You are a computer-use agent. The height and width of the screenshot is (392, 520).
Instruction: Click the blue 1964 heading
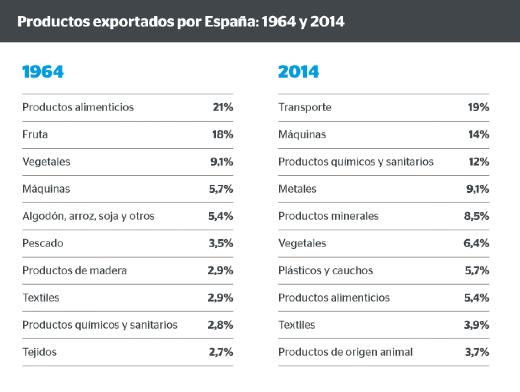43,72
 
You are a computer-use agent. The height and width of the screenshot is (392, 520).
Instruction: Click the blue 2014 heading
298,72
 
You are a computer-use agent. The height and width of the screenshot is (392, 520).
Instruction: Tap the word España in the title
231,22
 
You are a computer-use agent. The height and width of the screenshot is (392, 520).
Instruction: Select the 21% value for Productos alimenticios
223,108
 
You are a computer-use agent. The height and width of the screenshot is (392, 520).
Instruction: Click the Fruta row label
35,135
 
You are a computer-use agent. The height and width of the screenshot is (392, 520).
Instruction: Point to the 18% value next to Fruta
222,135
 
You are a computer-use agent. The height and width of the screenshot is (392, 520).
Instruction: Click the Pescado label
43,243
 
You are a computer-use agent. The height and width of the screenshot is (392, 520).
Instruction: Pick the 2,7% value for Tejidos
221,352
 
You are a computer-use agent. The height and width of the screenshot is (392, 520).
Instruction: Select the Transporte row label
305,108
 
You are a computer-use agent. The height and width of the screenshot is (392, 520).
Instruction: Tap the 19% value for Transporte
478,108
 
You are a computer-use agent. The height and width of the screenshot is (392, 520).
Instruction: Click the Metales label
297,189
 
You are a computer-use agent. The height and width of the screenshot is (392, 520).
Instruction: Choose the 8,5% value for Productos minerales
476,216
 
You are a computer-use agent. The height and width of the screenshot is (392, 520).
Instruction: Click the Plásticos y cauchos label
326,271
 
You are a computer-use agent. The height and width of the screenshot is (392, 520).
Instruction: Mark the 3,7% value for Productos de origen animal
477,352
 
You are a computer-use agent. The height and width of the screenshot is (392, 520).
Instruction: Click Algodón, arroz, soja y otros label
88,216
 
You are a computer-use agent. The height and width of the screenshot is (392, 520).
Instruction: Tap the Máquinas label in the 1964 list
46,189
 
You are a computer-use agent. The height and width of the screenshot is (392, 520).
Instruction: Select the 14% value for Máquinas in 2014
479,135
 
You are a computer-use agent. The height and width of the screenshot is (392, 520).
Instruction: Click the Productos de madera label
74,271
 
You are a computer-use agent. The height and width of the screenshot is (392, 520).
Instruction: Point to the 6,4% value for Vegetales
476,243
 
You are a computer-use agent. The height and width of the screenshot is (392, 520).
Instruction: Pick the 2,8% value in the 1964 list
220,325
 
